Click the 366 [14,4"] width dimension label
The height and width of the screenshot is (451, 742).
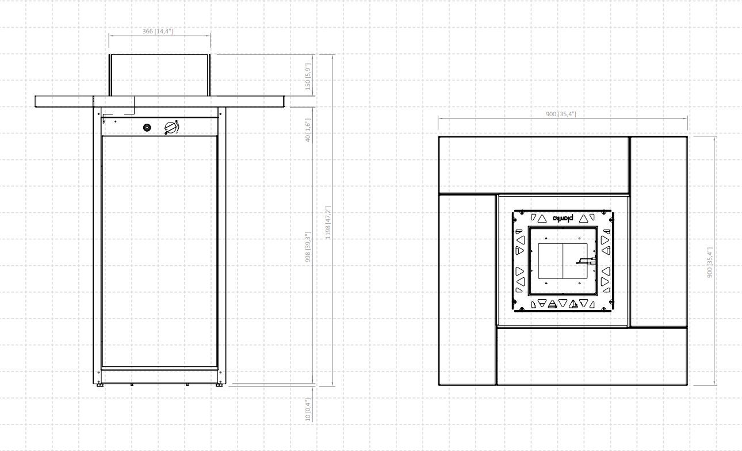click(x=158, y=31)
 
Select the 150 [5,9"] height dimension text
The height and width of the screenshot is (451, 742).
click(x=308, y=77)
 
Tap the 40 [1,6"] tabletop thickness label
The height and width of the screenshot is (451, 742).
click(x=308, y=130)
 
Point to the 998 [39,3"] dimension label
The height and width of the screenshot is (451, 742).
click(x=308, y=247)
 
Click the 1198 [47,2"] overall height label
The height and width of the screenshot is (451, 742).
click(x=328, y=222)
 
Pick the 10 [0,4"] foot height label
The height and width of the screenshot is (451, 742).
click(x=308, y=410)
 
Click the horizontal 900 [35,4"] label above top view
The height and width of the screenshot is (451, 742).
click(x=561, y=114)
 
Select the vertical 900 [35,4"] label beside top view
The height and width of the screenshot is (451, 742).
click(x=710, y=262)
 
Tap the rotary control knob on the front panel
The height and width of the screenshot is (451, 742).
click(x=171, y=128)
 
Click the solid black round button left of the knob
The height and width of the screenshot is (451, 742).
click(x=147, y=127)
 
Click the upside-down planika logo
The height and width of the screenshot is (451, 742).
click(x=563, y=218)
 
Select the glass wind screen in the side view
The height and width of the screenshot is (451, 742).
click(x=159, y=75)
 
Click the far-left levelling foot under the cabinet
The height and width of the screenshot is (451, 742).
click(x=100, y=385)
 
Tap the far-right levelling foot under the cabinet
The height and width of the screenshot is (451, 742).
click(x=219, y=385)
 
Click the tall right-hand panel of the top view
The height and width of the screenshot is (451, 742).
click(x=659, y=231)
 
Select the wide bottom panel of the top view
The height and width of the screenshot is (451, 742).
click(x=592, y=356)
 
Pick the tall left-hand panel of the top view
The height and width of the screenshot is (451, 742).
click(x=467, y=290)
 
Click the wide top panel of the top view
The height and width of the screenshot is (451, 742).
click(x=534, y=165)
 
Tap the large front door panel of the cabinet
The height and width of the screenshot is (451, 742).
click(x=160, y=251)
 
